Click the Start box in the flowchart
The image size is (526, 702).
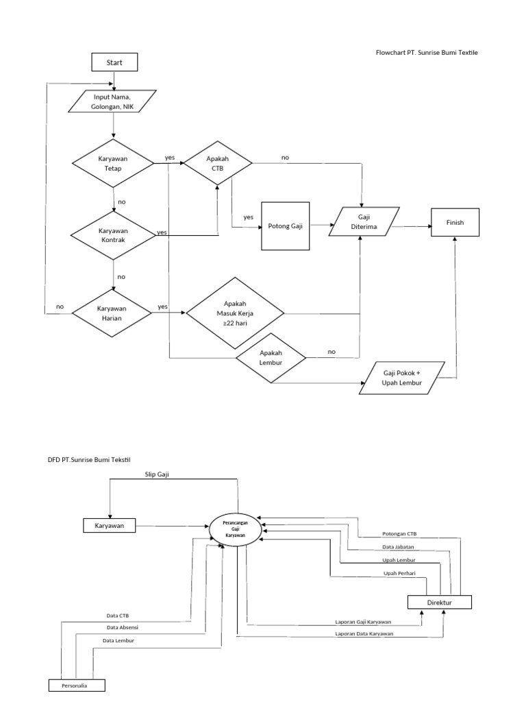point(114,62)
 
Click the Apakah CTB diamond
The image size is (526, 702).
point(218,164)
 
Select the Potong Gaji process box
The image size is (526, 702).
point(286,226)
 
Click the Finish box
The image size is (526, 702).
point(455,223)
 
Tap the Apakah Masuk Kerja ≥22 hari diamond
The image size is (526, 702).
point(235,313)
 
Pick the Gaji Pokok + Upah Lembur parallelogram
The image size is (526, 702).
point(402,378)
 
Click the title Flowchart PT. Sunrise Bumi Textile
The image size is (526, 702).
point(426,53)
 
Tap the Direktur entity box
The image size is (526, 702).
point(439,602)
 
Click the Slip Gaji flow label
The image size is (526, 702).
point(156,474)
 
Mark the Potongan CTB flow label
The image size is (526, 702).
point(399,534)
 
